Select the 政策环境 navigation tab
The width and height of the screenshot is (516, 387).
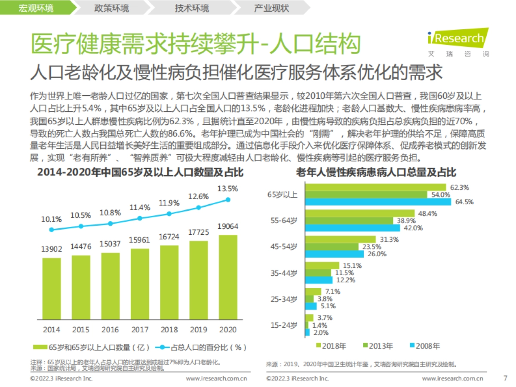click(x=111, y=8)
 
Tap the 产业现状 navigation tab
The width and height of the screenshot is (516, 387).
click(x=271, y=8)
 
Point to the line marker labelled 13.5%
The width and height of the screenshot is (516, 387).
click(x=228, y=199)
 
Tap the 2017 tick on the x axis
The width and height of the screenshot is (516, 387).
click(x=140, y=330)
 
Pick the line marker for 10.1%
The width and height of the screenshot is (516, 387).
click(x=52, y=230)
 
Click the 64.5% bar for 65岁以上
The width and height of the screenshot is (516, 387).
click(x=378, y=202)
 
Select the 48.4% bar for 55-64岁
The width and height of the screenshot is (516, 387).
click(x=359, y=213)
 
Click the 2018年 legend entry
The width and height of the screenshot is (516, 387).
click(x=331, y=346)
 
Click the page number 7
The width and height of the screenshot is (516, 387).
click(x=505, y=378)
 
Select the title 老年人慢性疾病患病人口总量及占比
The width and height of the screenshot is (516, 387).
click(x=376, y=173)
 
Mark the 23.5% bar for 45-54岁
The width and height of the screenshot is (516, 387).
click(x=332, y=247)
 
